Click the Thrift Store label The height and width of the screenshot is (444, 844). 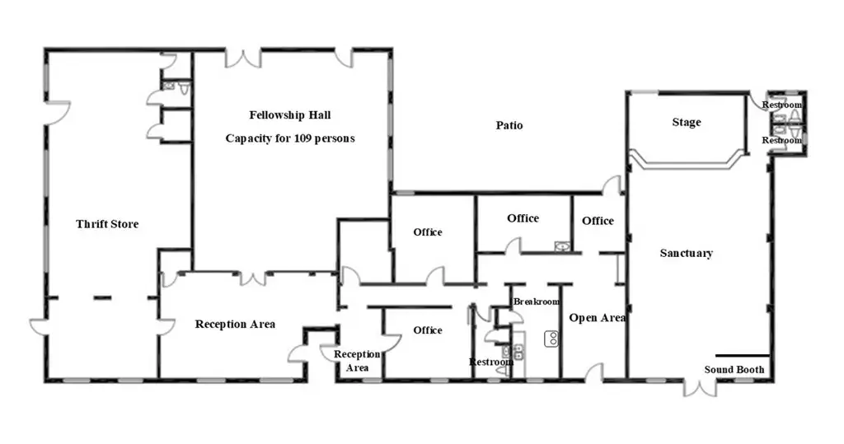[x=107, y=224]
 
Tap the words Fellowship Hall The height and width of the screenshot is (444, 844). [x=290, y=115]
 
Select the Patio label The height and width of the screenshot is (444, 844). [x=509, y=125]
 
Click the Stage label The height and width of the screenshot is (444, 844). [x=687, y=122]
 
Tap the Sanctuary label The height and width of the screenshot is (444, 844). [x=687, y=253]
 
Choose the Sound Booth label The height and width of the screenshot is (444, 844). [x=734, y=369]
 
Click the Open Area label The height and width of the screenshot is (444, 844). [x=597, y=318]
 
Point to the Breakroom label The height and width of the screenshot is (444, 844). [x=536, y=301]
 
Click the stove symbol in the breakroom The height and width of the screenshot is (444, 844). [x=551, y=339]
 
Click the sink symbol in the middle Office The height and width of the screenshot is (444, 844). [x=562, y=246]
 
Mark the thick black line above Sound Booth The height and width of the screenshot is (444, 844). [x=743, y=356]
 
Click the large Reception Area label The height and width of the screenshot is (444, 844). [x=235, y=324]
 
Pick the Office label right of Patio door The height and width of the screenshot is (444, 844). [x=598, y=221]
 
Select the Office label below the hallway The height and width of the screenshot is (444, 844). [x=428, y=329]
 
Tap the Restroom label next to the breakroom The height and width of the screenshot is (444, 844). [x=491, y=362]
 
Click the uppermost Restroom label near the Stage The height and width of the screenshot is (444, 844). [x=781, y=105]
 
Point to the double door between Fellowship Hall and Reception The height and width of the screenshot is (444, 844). [x=252, y=278]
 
